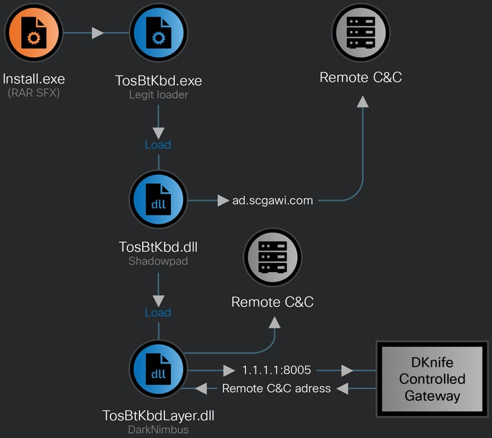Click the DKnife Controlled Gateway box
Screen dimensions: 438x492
coord(432,379)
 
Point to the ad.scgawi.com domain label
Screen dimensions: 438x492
coord(273,200)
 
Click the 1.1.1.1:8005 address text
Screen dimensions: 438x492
coord(276,370)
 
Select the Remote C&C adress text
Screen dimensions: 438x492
coord(276,388)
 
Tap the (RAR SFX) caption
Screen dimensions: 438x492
coord(34,93)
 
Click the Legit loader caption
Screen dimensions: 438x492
coord(159,95)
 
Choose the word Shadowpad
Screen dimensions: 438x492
coord(159,261)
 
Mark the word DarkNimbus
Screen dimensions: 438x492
coord(159,430)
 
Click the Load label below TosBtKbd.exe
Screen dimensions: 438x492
coord(158,144)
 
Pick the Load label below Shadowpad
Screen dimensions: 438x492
coord(158,312)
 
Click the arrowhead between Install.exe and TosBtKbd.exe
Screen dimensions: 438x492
coord(98,33)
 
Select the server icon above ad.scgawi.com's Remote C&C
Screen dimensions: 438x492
coord(361,33)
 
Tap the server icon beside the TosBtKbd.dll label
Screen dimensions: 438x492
coord(273,257)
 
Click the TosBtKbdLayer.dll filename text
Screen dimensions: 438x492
coord(159,416)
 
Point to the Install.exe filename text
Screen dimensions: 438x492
coord(34,78)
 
